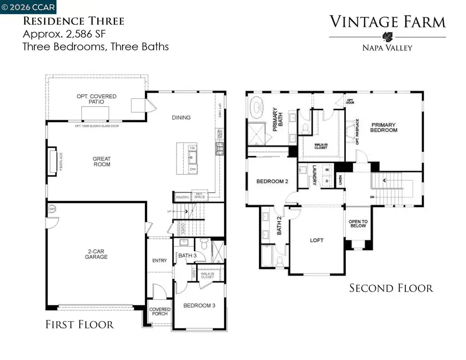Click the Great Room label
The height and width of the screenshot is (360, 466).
coord(102,162)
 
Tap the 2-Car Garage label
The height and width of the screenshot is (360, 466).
coord(97,254)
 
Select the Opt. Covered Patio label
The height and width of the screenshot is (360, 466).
coord(96,99)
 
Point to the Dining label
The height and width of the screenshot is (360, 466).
coord(181,118)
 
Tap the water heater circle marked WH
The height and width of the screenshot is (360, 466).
coord(52,209)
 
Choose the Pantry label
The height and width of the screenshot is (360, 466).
coord(182,197)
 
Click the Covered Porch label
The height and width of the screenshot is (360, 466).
coord(159,311)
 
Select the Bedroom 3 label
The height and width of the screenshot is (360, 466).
coord(199,306)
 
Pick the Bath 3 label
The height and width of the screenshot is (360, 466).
coord(187,255)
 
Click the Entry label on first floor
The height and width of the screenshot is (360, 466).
coord(159,261)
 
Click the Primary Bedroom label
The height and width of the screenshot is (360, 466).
coord(384,127)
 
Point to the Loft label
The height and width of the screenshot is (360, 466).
coord(316,240)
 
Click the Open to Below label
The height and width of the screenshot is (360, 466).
coord(357,223)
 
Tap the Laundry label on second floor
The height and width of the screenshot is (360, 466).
coord(314,175)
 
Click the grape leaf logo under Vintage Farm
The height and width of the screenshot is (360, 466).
coord(387,37)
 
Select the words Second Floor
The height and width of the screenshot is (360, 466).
coord(391,288)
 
